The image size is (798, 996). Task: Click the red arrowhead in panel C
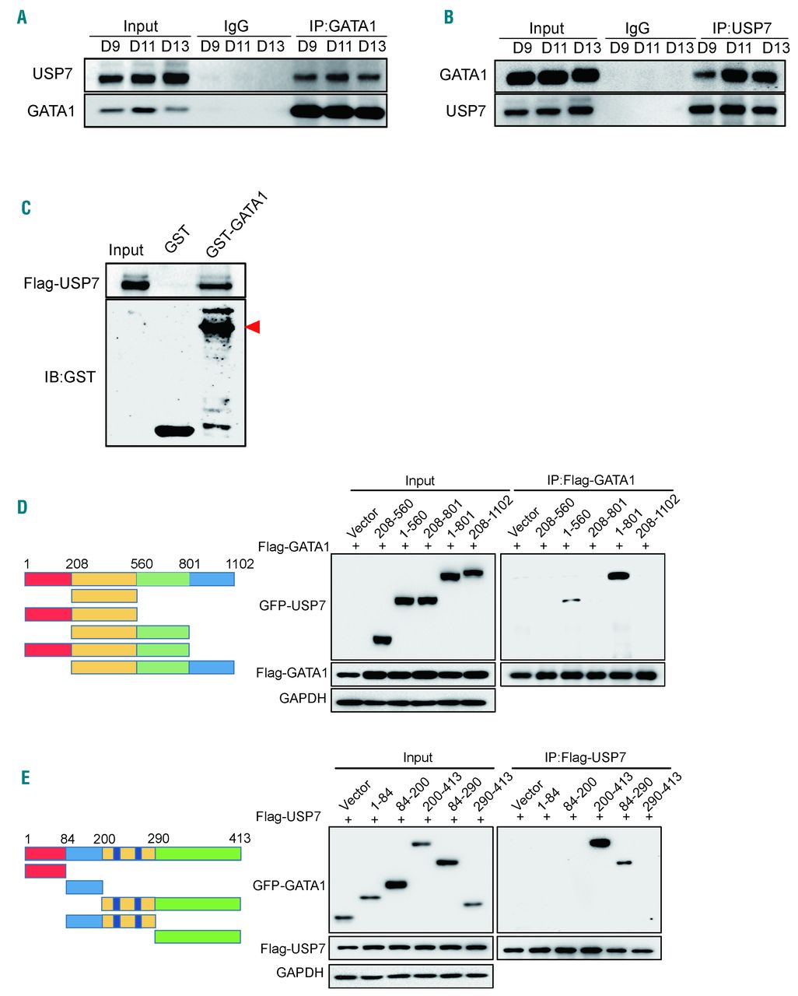[253, 328]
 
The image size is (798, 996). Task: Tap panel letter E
[26, 777]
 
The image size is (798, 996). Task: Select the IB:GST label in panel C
[69, 377]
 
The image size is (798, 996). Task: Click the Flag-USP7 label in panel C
[61, 283]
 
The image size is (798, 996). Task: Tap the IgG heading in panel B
[637, 29]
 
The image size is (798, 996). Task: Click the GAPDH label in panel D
[303, 699]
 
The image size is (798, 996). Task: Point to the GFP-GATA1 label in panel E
[289, 885]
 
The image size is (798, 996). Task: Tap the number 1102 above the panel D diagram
[240, 563]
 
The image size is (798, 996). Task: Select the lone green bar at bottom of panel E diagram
[198, 936]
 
